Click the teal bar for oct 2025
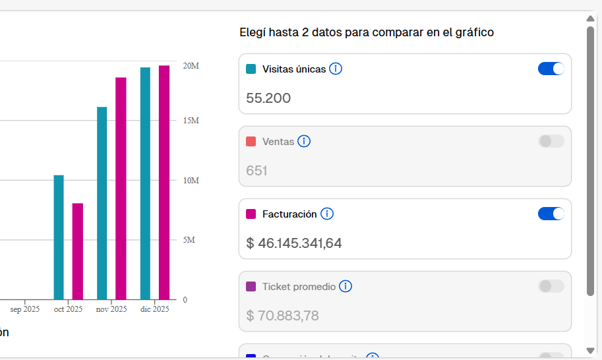[x=59, y=237]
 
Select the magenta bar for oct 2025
[x=78, y=251]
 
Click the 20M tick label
[x=191, y=67]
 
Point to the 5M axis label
[x=189, y=240]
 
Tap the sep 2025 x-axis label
[x=25, y=309]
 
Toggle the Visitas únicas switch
[x=551, y=69]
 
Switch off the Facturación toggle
[x=551, y=214]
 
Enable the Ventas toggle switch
[x=551, y=141]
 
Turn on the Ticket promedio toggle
[x=551, y=286]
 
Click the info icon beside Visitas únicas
[x=336, y=69]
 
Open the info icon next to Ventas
[x=304, y=141]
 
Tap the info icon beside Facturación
[x=327, y=214]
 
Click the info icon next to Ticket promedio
[x=346, y=286]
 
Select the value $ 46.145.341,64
[x=294, y=243]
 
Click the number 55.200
[x=268, y=98]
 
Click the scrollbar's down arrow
[x=591, y=351]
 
